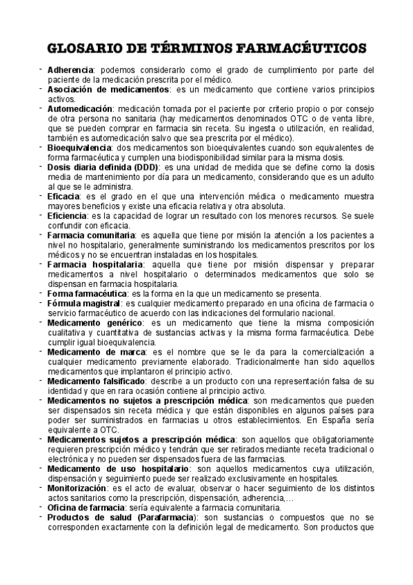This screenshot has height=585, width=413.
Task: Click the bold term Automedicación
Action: click(x=81, y=109)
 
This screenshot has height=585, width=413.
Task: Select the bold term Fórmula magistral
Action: click(x=82, y=304)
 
